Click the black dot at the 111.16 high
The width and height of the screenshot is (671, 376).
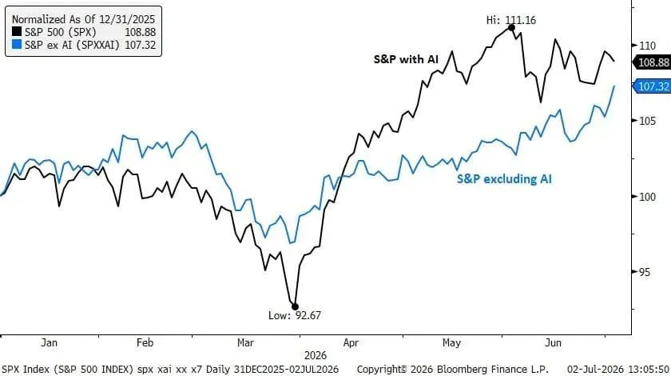[x=511, y=28]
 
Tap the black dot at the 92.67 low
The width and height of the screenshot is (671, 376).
[x=295, y=306]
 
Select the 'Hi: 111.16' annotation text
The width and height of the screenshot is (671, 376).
[x=511, y=20]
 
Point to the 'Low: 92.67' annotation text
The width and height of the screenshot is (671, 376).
[x=295, y=315]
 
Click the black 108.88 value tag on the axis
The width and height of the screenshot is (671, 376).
[x=652, y=62]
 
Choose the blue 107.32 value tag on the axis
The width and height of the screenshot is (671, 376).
[x=652, y=86]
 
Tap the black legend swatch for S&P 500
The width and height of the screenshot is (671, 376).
[x=17, y=31]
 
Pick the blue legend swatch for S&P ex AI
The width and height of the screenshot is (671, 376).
[x=17, y=44]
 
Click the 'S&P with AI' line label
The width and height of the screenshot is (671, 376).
[x=406, y=59]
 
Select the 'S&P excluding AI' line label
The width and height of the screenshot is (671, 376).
[x=504, y=178]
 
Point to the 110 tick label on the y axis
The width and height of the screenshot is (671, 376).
[x=648, y=46]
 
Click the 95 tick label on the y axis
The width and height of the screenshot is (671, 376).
[x=644, y=272]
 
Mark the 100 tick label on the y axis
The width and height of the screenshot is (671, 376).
[x=648, y=197]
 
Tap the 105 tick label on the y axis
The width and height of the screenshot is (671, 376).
[x=648, y=121]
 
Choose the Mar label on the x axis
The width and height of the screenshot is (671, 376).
[x=246, y=343]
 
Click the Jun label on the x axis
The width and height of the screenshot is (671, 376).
[x=554, y=343]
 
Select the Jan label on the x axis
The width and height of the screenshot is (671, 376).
[x=50, y=343]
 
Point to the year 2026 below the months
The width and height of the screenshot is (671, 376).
[x=316, y=355]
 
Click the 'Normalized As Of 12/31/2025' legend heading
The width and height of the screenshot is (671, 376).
[x=83, y=19]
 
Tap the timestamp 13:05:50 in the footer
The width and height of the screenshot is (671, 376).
[x=649, y=369]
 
